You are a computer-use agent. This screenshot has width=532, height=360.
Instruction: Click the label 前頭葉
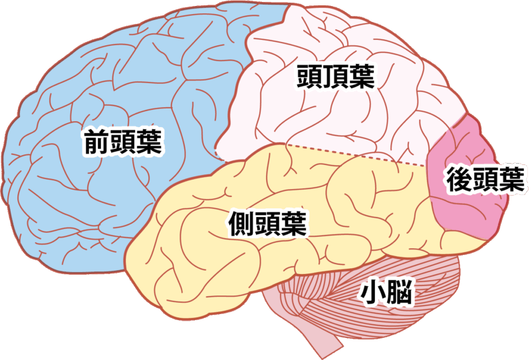click(124, 142)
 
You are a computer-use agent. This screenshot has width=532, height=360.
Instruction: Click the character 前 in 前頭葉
click(96, 142)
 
